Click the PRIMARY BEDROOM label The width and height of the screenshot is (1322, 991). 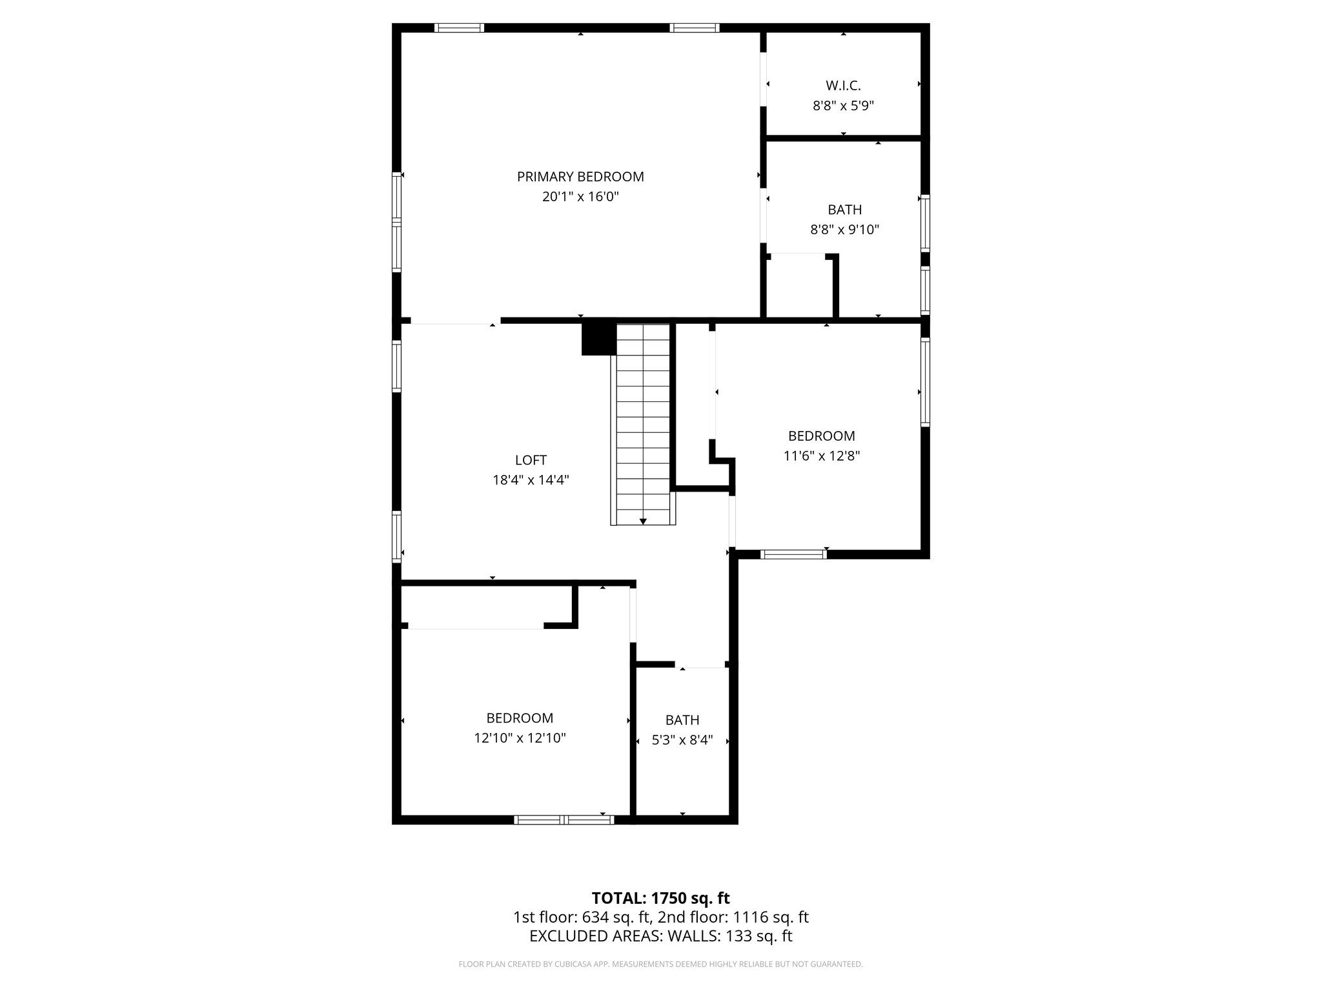pos(580,177)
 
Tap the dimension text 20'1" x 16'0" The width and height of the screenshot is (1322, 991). pos(580,197)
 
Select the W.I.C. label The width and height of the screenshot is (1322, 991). pos(843,86)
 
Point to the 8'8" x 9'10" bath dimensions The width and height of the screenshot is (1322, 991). pos(844,230)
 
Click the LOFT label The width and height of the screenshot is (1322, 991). pos(531,460)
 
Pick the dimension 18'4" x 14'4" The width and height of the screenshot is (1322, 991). pos(531,480)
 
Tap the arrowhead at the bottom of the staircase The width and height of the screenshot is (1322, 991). pos(643,521)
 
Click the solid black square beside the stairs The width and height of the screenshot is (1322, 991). pos(598,339)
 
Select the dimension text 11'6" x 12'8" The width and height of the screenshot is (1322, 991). pos(821,456)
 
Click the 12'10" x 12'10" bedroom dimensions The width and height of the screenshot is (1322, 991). pos(520,738)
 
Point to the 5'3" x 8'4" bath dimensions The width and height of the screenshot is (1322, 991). pos(682,740)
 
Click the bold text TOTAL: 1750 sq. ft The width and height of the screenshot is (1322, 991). pos(660,898)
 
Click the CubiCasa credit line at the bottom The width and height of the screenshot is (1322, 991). pos(660,965)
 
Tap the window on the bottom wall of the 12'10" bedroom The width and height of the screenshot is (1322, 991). pos(564,820)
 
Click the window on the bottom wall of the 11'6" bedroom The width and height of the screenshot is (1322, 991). pos(793,554)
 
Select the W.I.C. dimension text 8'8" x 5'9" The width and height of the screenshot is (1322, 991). pos(843,106)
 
